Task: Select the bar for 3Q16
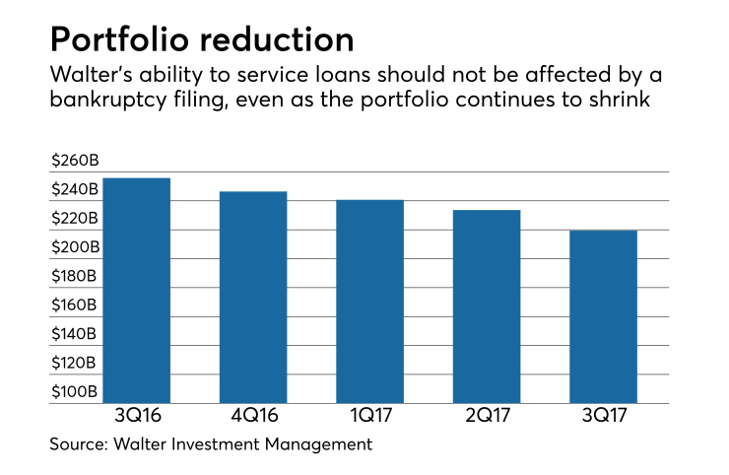(x=136, y=291)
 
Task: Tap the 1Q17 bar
(x=369, y=302)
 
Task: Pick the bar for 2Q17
(x=486, y=306)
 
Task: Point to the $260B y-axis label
(x=75, y=161)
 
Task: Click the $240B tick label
(x=75, y=189)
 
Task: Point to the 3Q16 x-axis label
(x=136, y=418)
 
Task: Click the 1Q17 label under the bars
(x=369, y=418)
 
